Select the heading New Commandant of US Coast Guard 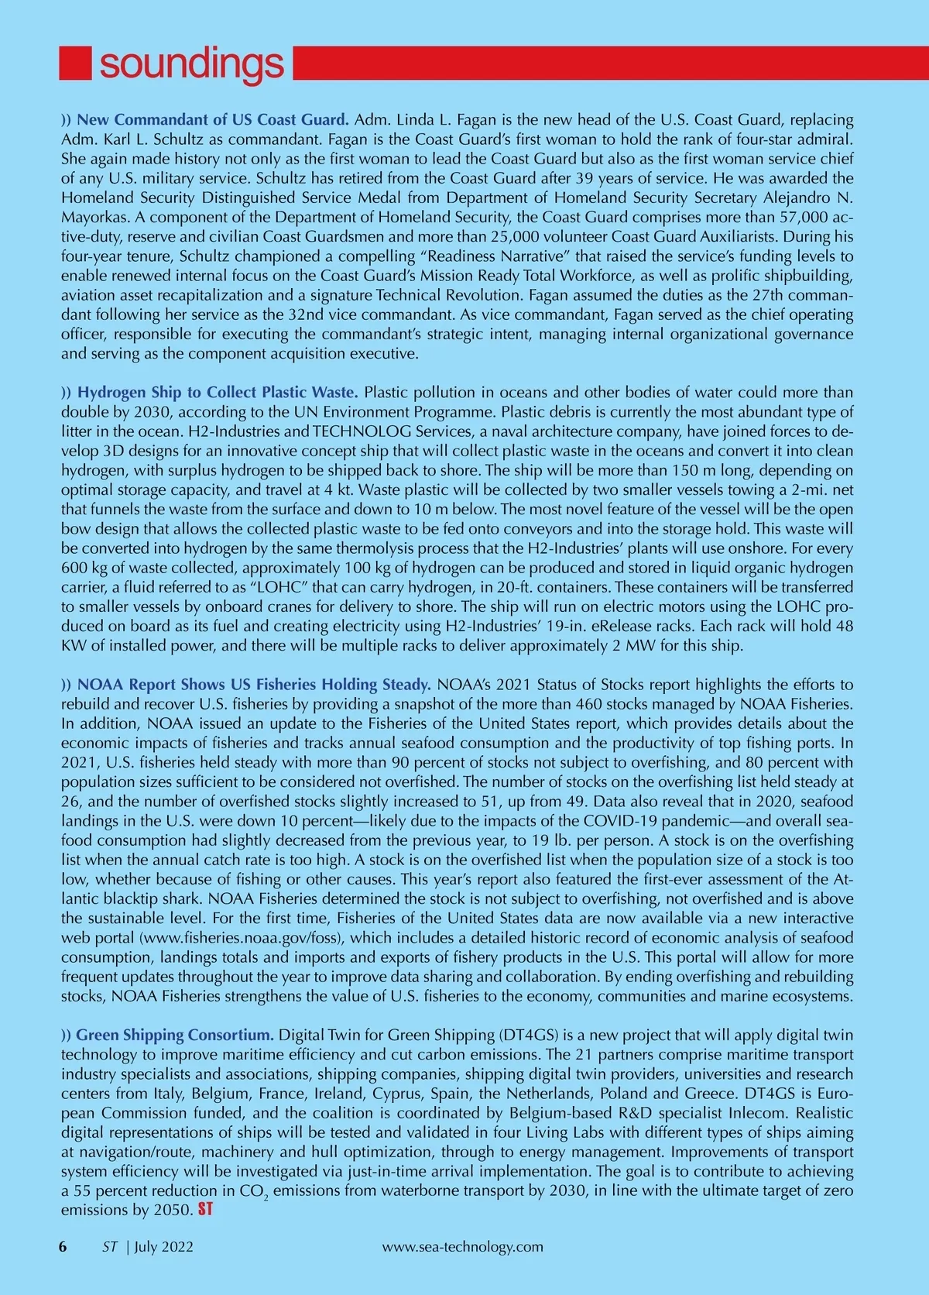pos(213,120)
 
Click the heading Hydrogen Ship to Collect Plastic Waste pos(217,393)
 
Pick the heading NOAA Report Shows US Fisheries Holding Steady pos(254,685)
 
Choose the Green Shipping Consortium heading pos(175,1036)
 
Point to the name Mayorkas pos(91,218)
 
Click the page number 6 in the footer pos(63,1247)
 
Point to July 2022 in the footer pos(164,1247)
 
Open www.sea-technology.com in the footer pos(463,1247)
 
